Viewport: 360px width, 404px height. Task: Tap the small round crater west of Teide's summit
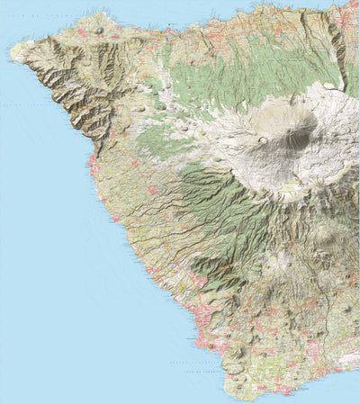pyautogui.click(x=263, y=139)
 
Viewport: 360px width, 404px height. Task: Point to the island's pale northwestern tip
pyautogui.click(x=15, y=51)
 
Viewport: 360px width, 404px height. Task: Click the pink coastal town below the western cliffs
pyautogui.click(x=93, y=164)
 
